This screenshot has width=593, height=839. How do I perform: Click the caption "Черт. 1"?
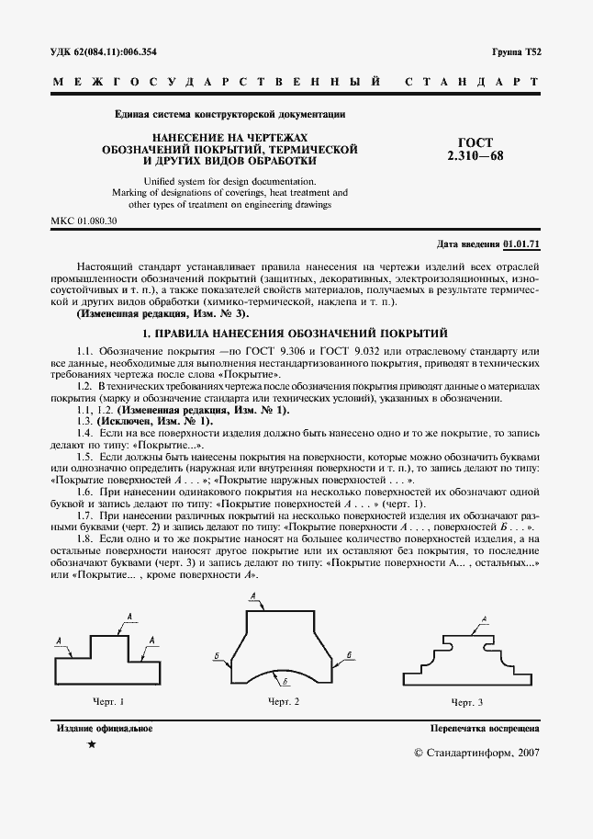point(108,702)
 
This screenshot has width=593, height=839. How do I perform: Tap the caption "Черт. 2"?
point(284,702)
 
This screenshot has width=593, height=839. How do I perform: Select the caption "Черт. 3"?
point(467,702)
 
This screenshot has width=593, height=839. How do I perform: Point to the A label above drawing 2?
point(252,596)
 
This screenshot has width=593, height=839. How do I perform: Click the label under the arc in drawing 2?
point(285,681)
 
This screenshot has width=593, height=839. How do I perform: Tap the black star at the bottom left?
point(91,745)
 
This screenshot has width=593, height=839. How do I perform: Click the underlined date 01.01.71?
point(521,244)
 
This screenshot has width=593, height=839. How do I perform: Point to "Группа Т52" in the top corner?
point(517,51)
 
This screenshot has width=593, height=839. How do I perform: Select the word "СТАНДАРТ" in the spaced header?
point(471,82)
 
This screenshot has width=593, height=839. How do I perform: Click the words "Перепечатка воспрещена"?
point(484,729)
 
